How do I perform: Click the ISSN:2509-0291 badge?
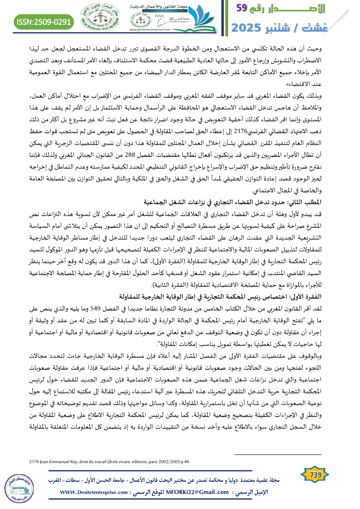point(44,21)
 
